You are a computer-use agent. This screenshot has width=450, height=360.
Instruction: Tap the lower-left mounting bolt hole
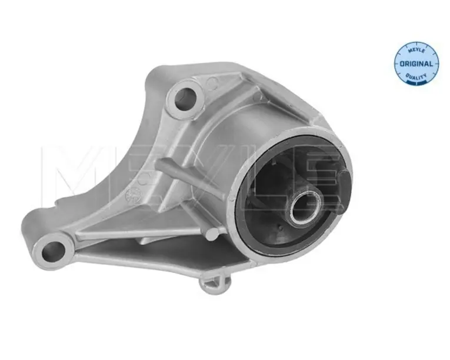coord(53,251)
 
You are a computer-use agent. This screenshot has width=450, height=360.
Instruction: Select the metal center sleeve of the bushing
coord(304,206)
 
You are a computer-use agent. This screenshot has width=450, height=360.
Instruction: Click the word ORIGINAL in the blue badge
coord(416,64)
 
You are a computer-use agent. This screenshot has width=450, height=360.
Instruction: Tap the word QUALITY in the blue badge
coord(416,76)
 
